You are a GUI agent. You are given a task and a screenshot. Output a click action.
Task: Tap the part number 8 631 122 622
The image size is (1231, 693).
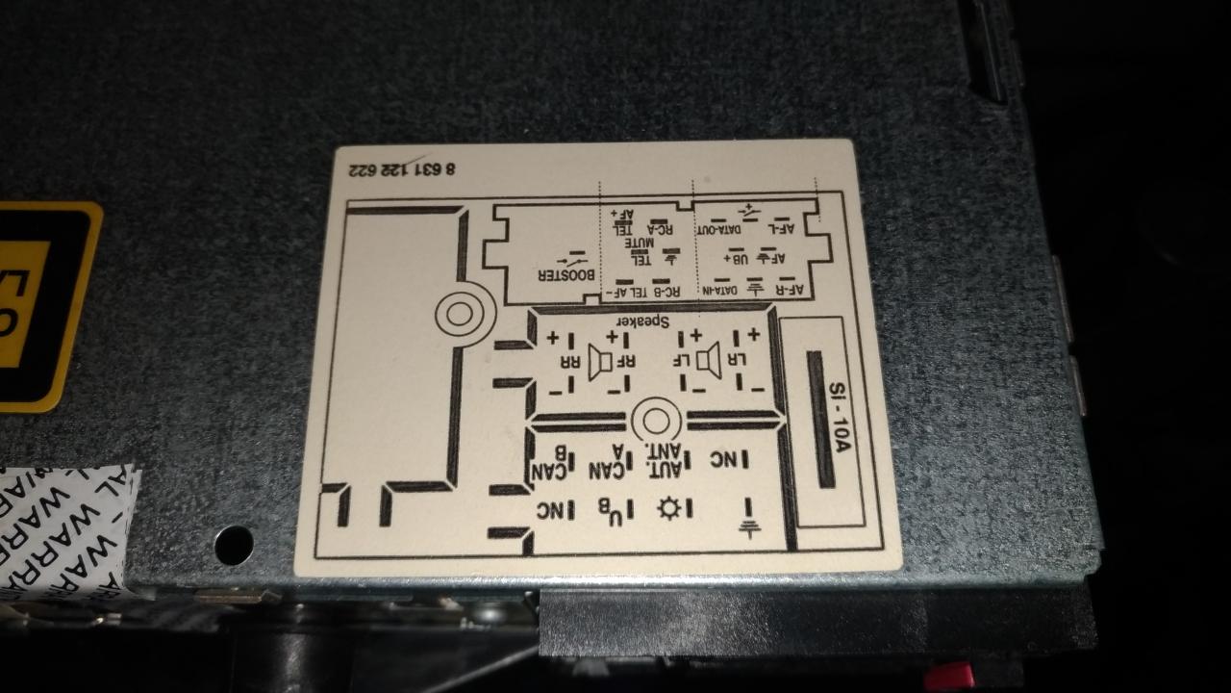coord(415,170)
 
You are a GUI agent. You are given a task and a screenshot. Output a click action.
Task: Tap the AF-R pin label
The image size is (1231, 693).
coord(789,290)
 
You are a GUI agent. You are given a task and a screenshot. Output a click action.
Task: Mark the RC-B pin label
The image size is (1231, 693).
coord(666,290)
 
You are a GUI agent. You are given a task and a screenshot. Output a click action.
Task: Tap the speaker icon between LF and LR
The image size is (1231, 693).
coord(710,361)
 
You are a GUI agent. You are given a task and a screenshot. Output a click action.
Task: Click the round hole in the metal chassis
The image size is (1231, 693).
coord(234,545)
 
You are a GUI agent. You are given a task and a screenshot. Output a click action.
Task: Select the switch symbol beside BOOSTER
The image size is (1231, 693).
coord(571,259)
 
